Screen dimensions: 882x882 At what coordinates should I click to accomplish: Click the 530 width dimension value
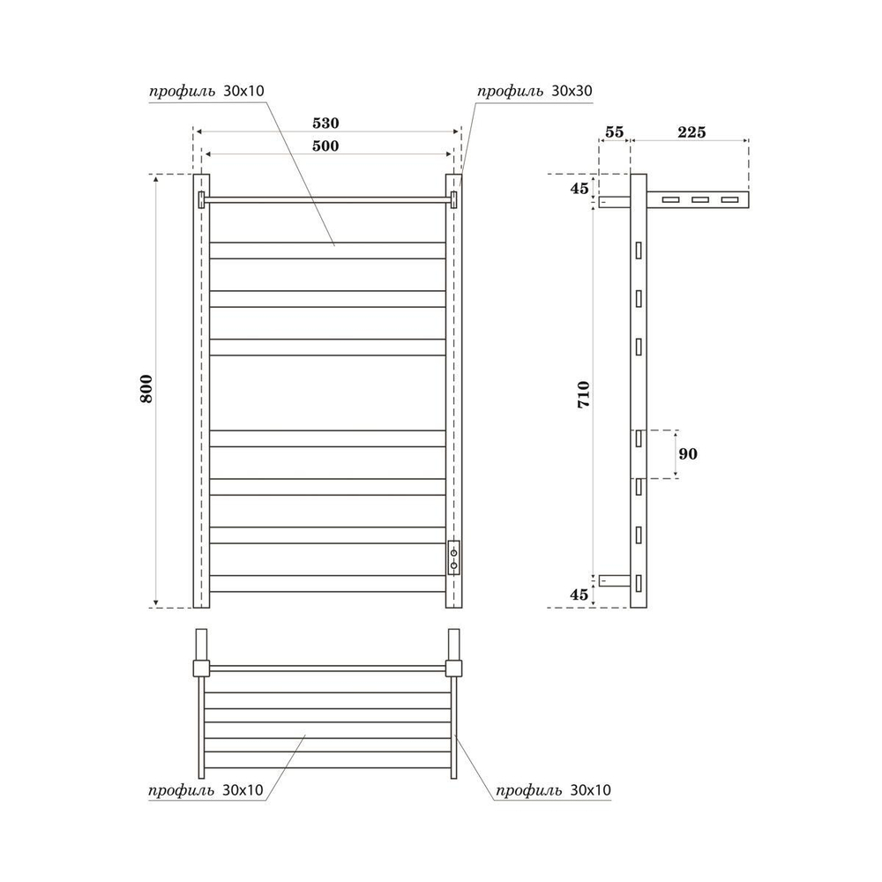coord(326,123)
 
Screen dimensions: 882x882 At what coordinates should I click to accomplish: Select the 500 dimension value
coord(326,146)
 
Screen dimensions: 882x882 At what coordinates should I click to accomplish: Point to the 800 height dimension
coord(146,389)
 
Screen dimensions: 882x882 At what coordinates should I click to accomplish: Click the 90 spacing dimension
coord(688,453)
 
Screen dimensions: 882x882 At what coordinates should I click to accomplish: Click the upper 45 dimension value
coord(579,188)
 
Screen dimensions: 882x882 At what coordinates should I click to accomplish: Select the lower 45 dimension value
coord(579,594)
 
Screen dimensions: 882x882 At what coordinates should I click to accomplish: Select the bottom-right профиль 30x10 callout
coord(554,791)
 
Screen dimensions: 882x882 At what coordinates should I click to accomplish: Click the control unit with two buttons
coord(453,557)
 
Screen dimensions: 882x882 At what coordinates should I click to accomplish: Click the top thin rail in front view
coord(326,199)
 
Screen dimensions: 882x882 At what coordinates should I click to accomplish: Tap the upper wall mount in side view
coord(615,201)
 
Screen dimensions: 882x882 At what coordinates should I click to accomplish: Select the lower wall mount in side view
coord(615,579)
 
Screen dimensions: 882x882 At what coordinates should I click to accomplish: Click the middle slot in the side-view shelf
coord(700,200)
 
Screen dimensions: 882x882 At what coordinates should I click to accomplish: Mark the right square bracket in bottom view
coord(454,667)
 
